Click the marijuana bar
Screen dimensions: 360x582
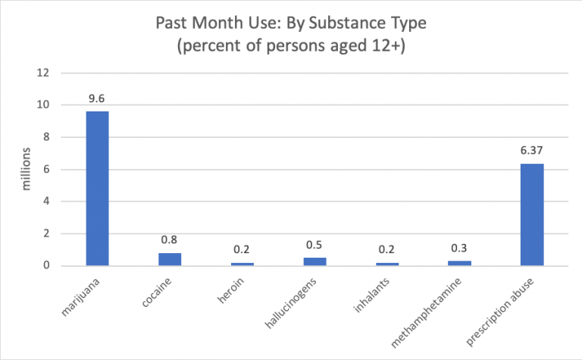tap(97, 189)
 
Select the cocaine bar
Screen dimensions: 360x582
tap(169, 259)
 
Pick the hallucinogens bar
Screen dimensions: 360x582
tap(314, 261)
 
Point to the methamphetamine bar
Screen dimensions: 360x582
tap(459, 263)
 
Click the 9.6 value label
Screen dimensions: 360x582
tap(97, 99)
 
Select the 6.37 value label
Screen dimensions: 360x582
tap(531, 151)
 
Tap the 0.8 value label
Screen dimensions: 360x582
tap(169, 240)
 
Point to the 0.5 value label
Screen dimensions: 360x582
tap(314, 245)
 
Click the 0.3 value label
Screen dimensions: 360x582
tap(459, 249)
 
